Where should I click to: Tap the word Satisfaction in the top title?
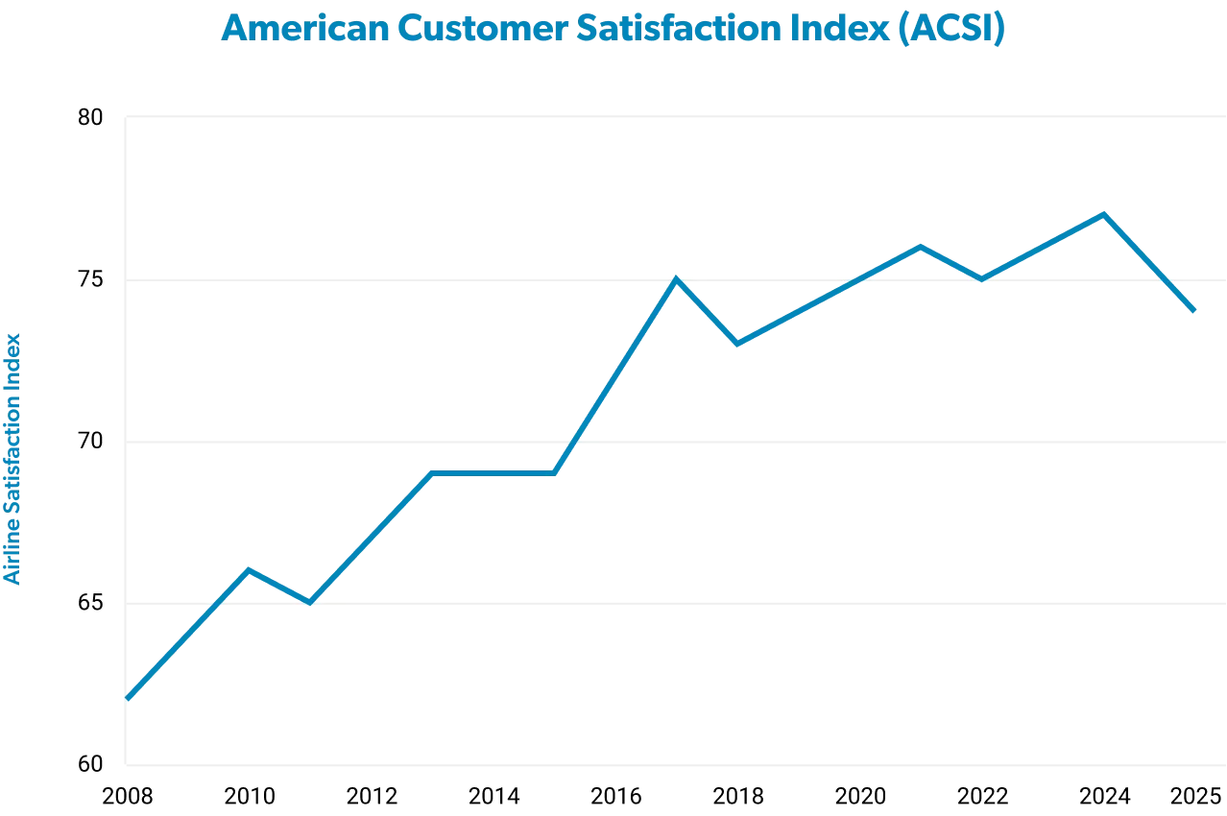click(683, 29)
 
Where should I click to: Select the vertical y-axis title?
click(13, 459)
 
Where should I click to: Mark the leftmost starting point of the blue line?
click(129, 697)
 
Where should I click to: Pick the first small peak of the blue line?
click(250, 569)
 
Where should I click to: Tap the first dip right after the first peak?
click(310, 602)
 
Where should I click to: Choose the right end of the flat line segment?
click(556, 472)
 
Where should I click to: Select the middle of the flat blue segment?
click(494, 472)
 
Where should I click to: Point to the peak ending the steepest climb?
click(677, 279)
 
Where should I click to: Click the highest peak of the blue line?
click(1104, 212)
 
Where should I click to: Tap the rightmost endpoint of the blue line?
click(1194, 311)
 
